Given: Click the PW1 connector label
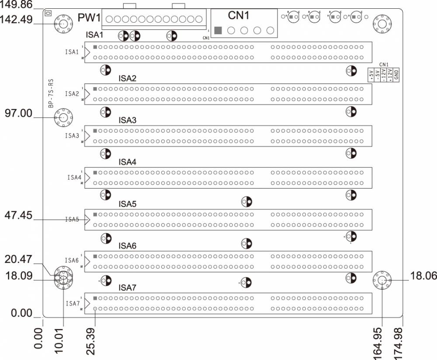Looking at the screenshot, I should tap(89, 19).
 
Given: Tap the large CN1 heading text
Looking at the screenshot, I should tap(239, 16).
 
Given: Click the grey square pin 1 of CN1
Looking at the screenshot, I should tap(218, 30).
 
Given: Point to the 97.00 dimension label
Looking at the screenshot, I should tap(18, 113).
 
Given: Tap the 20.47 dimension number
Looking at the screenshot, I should tap(18, 259).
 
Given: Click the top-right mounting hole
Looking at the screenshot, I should tap(381, 24).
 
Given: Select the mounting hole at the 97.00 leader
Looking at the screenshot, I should tap(63, 117).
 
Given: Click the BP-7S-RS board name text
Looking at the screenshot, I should tap(51, 94).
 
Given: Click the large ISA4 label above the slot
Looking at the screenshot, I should tap(128, 162).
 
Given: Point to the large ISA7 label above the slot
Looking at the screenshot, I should tap(128, 288).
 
